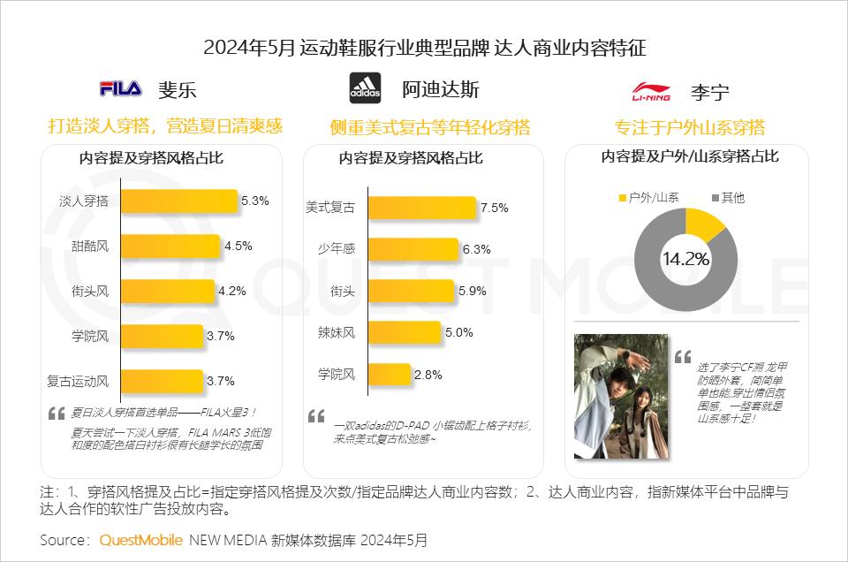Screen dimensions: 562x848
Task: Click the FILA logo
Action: point(121,89)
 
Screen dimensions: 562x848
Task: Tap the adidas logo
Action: point(365,88)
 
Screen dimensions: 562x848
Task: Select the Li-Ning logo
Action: point(652,91)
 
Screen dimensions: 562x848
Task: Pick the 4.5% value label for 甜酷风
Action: point(238,246)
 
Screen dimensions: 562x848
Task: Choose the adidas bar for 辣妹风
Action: point(404,333)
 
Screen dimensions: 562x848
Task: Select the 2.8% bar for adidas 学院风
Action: point(388,375)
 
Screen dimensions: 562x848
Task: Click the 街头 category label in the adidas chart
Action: point(343,291)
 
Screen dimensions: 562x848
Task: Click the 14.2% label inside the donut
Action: point(685,259)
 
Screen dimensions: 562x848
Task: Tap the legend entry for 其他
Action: point(727,198)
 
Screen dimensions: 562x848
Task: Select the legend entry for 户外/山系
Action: point(648,198)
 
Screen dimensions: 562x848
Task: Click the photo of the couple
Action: point(621,395)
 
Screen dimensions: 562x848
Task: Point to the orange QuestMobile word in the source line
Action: point(141,539)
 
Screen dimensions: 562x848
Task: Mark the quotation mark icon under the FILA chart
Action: point(57,413)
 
